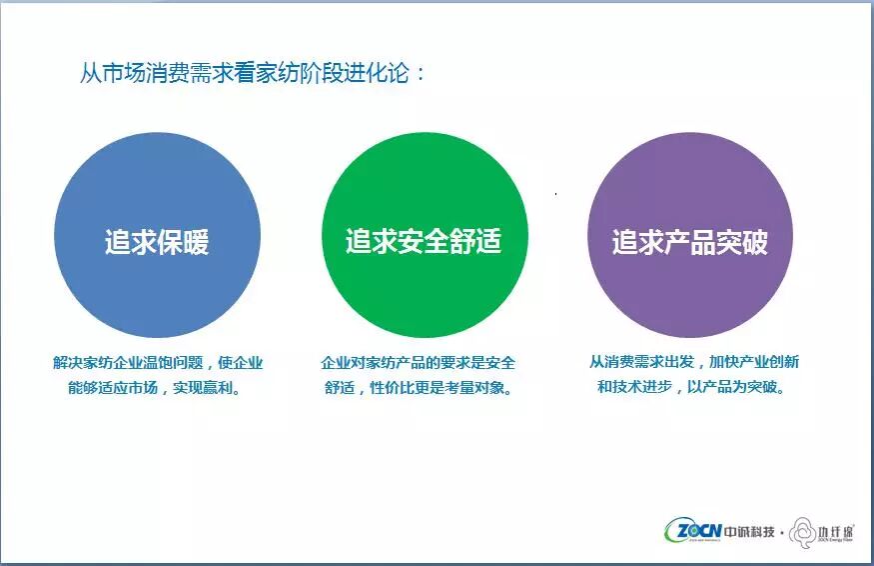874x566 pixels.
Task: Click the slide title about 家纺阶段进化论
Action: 252,73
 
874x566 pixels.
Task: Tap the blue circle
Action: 157,235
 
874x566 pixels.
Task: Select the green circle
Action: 425,235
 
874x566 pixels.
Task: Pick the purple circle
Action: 690,235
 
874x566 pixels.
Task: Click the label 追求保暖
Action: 157,242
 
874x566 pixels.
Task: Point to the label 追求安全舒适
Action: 424,241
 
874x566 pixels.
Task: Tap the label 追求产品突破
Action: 690,242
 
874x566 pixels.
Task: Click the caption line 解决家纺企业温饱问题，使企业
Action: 158,363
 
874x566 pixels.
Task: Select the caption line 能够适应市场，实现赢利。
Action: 155,387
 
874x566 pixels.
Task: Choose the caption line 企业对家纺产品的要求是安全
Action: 419,363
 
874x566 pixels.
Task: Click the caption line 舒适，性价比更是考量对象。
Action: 419,387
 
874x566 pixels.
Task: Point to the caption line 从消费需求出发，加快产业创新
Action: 694,362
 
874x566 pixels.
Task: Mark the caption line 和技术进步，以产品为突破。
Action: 691,386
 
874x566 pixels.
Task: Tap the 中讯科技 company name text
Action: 750,532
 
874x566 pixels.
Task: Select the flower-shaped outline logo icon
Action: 803,533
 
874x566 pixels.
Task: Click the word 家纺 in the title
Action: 277,73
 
